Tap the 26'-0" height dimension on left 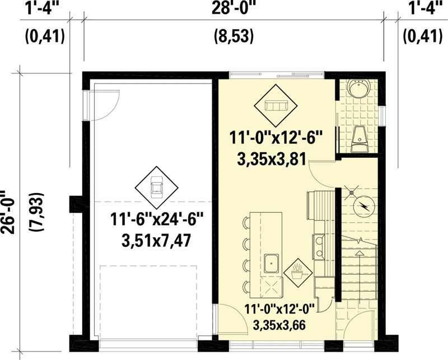tap(8, 212)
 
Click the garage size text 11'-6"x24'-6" tap(157, 220)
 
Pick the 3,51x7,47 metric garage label tap(156, 240)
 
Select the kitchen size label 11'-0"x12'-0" tap(279, 310)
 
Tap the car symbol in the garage tap(157, 188)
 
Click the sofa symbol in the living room tap(276, 106)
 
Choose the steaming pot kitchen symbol tap(297, 272)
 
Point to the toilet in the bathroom tap(360, 139)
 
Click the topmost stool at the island tap(246, 222)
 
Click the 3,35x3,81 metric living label tap(272, 159)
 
